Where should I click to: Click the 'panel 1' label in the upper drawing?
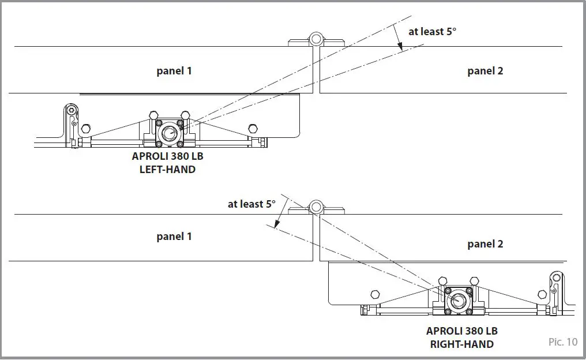pyautogui.click(x=174, y=71)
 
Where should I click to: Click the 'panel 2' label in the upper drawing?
pyautogui.click(x=485, y=71)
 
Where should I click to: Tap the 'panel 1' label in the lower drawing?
pyautogui.click(x=174, y=237)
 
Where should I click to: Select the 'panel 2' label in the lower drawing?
pyautogui.click(x=485, y=244)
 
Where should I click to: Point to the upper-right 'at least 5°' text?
pyautogui.click(x=432, y=32)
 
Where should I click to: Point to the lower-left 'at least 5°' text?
pyautogui.click(x=251, y=204)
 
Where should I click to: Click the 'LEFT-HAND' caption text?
pyautogui.click(x=167, y=170)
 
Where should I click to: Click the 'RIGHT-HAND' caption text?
pyautogui.click(x=461, y=344)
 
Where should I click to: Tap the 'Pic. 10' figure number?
pyautogui.click(x=562, y=342)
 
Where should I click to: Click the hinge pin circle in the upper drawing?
pyautogui.click(x=315, y=40)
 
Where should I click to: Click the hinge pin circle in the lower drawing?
pyautogui.click(x=315, y=207)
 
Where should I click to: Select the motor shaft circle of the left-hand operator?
pyautogui.click(x=168, y=133)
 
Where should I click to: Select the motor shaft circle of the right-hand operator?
pyautogui.click(x=459, y=300)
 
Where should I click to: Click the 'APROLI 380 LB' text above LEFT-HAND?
pyautogui.click(x=167, y=157)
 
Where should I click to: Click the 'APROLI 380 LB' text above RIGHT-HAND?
pyautogui.click(x=461, y=331)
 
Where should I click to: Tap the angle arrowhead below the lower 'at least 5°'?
pyautogui.click(x=276, y=226)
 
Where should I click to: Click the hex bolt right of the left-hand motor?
pyautogui.click(x=251, y=127)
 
